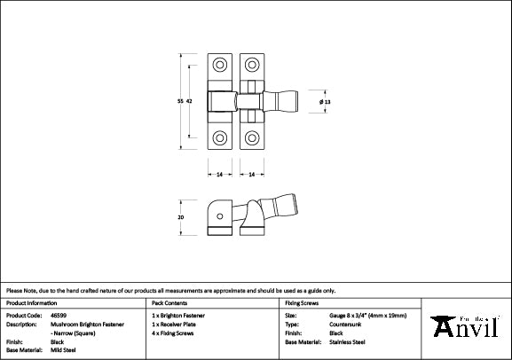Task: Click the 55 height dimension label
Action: [x=181, y=103]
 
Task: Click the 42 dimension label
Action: [x=190, y=103]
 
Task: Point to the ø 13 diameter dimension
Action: [x=325, y=103]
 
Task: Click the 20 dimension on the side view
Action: [x=181, y=217]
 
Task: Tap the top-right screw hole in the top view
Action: [x=253, y=66]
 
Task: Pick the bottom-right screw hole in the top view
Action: [x=253, y=138]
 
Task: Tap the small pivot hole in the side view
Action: [x=218, y=215]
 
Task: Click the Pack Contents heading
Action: [x=171, y=303]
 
